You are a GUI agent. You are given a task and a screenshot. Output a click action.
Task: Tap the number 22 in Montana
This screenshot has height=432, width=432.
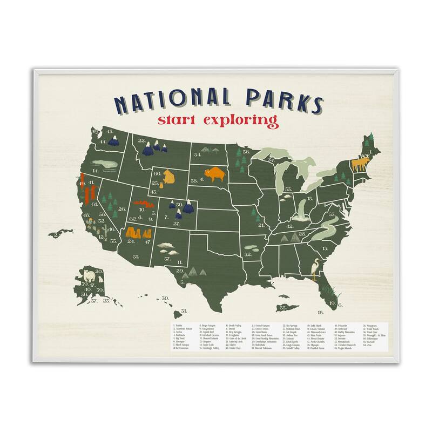(x=142, y=142)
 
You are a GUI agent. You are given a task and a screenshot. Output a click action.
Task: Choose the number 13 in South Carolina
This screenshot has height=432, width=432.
(x=325, y=248)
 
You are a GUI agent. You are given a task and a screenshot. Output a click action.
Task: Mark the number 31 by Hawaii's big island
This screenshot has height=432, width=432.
(x=184, y=311)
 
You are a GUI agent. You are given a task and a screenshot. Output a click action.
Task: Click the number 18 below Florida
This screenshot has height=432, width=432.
(x=320, y=313)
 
